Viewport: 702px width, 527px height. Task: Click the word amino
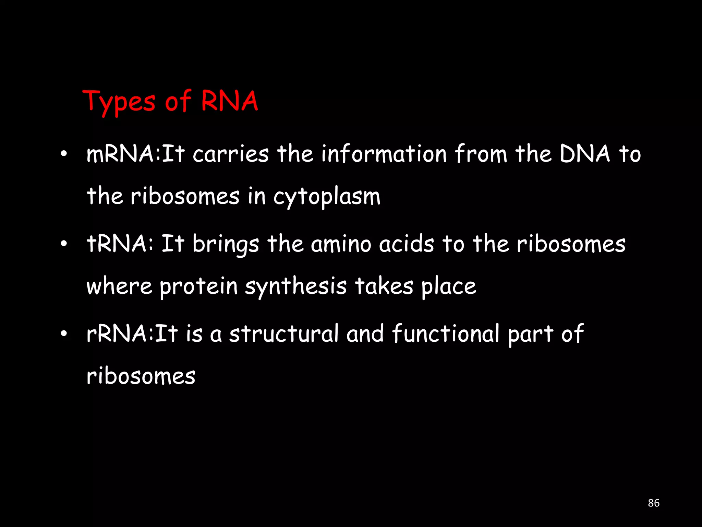coord(341,244)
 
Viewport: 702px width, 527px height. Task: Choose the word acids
coord(407,244)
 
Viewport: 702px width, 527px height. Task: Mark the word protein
coord(198,287)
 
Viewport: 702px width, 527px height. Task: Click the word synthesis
coord(296,287)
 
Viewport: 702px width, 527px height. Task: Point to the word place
coord(448,287)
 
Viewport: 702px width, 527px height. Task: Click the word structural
coord(284,333)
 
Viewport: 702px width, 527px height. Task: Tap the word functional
coord(446,333)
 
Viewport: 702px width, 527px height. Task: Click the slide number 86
coord(654,503)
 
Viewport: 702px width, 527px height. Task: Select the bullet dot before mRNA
coord(63,154)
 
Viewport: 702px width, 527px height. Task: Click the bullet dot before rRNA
coord(63,333)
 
